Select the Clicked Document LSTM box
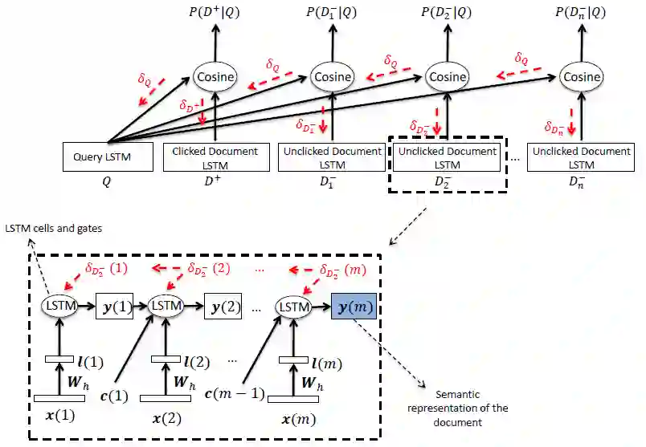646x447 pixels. (216, 157)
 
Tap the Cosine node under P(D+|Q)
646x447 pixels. (215, 77)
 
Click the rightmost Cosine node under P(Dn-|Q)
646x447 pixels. (581, 77)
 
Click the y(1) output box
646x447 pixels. (114, 307)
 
